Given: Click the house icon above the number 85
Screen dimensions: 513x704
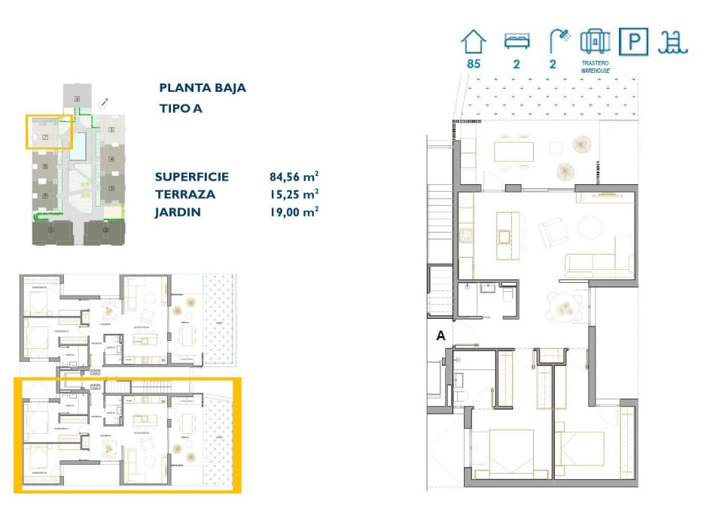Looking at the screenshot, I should point(474,41).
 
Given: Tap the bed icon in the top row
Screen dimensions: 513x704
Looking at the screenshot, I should point(517,41).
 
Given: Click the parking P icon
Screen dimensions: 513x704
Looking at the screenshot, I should point(632,41).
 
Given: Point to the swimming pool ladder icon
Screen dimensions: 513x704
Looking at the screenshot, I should point(672,41).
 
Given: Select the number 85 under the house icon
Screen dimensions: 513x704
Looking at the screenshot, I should point(474,64).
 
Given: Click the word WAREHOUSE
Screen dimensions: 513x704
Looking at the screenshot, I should point(595,71).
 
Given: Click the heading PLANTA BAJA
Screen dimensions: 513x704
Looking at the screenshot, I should point(203,88).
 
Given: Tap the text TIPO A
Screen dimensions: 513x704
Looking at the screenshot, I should point(181,108).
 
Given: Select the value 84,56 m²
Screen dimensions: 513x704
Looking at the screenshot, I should point(294,178).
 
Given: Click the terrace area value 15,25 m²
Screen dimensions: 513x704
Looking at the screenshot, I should point(294,194).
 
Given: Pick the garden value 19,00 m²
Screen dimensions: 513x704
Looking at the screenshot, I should point(294,211).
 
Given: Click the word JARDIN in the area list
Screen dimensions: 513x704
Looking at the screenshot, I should point(178,211).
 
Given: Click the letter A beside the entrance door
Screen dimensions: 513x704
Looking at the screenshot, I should point(442,338).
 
